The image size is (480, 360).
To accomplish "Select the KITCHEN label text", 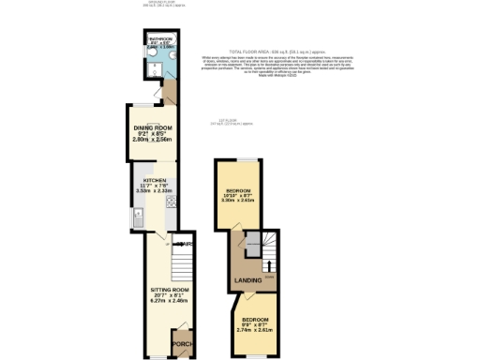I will pos(154,179).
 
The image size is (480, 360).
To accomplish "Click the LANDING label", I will pos(247,280).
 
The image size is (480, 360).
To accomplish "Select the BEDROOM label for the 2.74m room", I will pos(257,320).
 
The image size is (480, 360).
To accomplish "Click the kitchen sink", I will pos(137,223).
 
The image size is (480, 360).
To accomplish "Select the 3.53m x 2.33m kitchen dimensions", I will pos(154,190).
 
